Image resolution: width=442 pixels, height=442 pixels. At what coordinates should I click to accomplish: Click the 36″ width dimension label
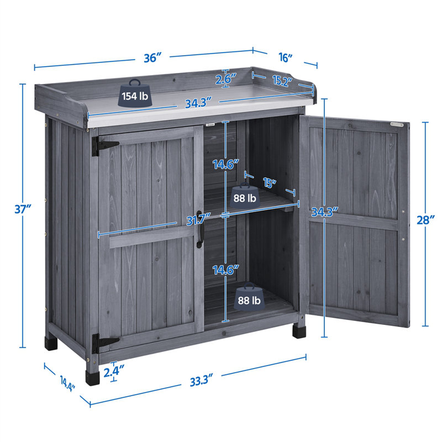(154, 57)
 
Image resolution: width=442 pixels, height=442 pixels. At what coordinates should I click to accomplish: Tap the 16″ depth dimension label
(286, 57)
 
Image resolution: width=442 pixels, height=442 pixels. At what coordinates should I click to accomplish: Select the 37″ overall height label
(23, 209)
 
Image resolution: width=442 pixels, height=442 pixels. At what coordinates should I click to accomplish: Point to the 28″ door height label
(426, 220)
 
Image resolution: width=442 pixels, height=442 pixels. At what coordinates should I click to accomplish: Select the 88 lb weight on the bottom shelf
(249, 298)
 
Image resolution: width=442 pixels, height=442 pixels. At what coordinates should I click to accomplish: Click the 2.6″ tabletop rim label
(225, 79)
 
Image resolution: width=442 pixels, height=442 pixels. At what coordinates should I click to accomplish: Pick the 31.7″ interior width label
(199, 220)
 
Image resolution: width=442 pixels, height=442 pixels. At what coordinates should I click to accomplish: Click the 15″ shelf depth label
(269, 183)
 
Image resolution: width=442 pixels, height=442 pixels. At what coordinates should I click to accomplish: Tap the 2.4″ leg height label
(114, 372)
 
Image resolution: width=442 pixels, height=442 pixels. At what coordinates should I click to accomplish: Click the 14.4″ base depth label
(67, 383)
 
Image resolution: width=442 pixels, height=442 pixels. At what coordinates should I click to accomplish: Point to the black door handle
(199, 229)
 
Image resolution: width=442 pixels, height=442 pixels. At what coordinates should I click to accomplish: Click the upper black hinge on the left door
(104, 146)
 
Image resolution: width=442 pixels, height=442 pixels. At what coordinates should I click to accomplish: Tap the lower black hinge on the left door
(104, 343)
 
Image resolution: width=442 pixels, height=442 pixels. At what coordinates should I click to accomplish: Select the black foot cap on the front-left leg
(92, 378)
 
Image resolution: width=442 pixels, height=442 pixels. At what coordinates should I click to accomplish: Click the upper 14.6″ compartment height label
(226, 164)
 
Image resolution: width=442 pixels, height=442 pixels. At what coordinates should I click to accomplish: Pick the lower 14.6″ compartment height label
(226, 270)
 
